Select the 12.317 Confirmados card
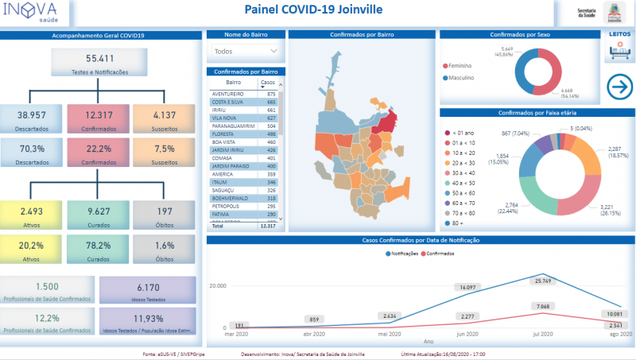(99, 119)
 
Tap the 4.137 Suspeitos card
(163, 119)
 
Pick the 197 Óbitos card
(165, 215)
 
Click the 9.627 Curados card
(99, 215)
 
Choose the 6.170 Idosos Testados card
(149, 291)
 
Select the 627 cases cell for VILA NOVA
(271, 118)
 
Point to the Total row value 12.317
(266, 226)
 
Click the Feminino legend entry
(461, 65)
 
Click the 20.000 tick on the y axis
(217, 285)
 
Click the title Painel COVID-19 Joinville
(313, 10)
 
